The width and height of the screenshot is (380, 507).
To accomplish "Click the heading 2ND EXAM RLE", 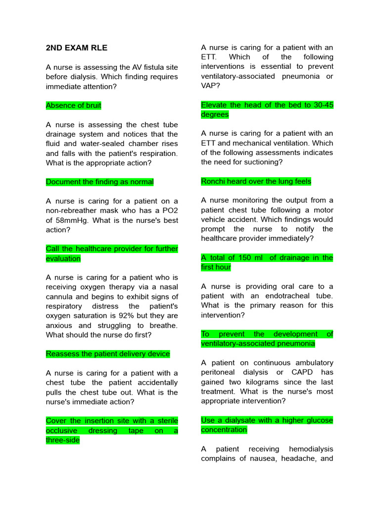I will pyautogui.click(x=76, y=48).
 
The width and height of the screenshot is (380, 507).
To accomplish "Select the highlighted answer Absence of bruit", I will pyautogui.click(x=73, y=105).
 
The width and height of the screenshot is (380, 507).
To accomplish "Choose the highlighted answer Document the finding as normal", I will pyautogui.click(x=99, y=182).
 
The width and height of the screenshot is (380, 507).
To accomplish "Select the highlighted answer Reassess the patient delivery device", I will pyautogui.click(x=107, y=354).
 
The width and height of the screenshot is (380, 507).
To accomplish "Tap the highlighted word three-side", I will pyautogui.click(x=62, y=440).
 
